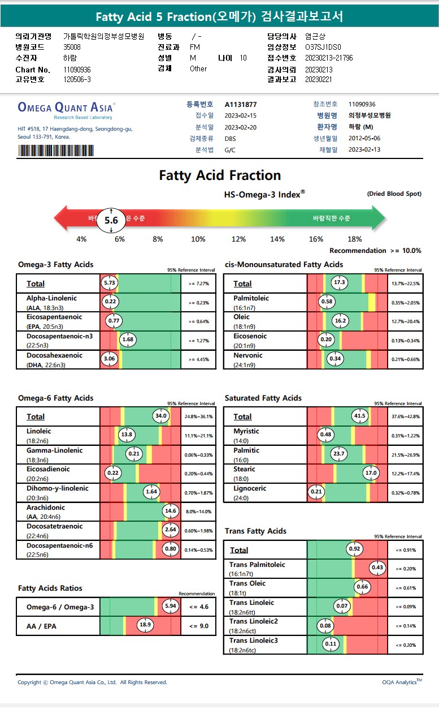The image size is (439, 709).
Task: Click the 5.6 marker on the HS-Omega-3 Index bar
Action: [x=111, y=221]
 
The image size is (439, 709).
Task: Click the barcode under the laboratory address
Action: [x=56, y=151]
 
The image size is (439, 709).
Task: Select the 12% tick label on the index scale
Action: [x=238, y=239]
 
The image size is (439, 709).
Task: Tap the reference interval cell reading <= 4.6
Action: [x=198, y=607]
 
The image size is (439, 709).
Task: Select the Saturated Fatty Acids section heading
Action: [x=263, y=398]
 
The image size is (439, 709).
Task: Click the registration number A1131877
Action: [x=241, y=105]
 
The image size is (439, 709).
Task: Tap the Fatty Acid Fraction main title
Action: [x=220, y=175]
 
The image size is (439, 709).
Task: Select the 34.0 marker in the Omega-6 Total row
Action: [x=161, y=416]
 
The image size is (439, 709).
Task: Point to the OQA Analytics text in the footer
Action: [x=401, y=682]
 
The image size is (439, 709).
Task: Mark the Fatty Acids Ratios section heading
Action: [x=50, y=588]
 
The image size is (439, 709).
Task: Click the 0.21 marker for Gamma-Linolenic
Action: [x=134, y=454]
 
